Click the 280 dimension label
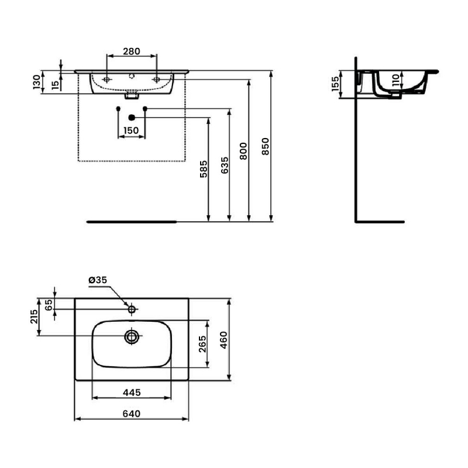tap(132, 51)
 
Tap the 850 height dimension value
tap(266, 146)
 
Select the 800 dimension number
tap(243, 151)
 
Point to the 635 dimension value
tap(225, 166)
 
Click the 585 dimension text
tap(204, 169)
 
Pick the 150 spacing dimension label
tap(131, 130)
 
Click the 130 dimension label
tap(36, 82)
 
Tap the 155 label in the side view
tap(335, 84)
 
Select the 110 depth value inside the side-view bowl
tap(396, 80)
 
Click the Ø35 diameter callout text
tap(98, 280)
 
